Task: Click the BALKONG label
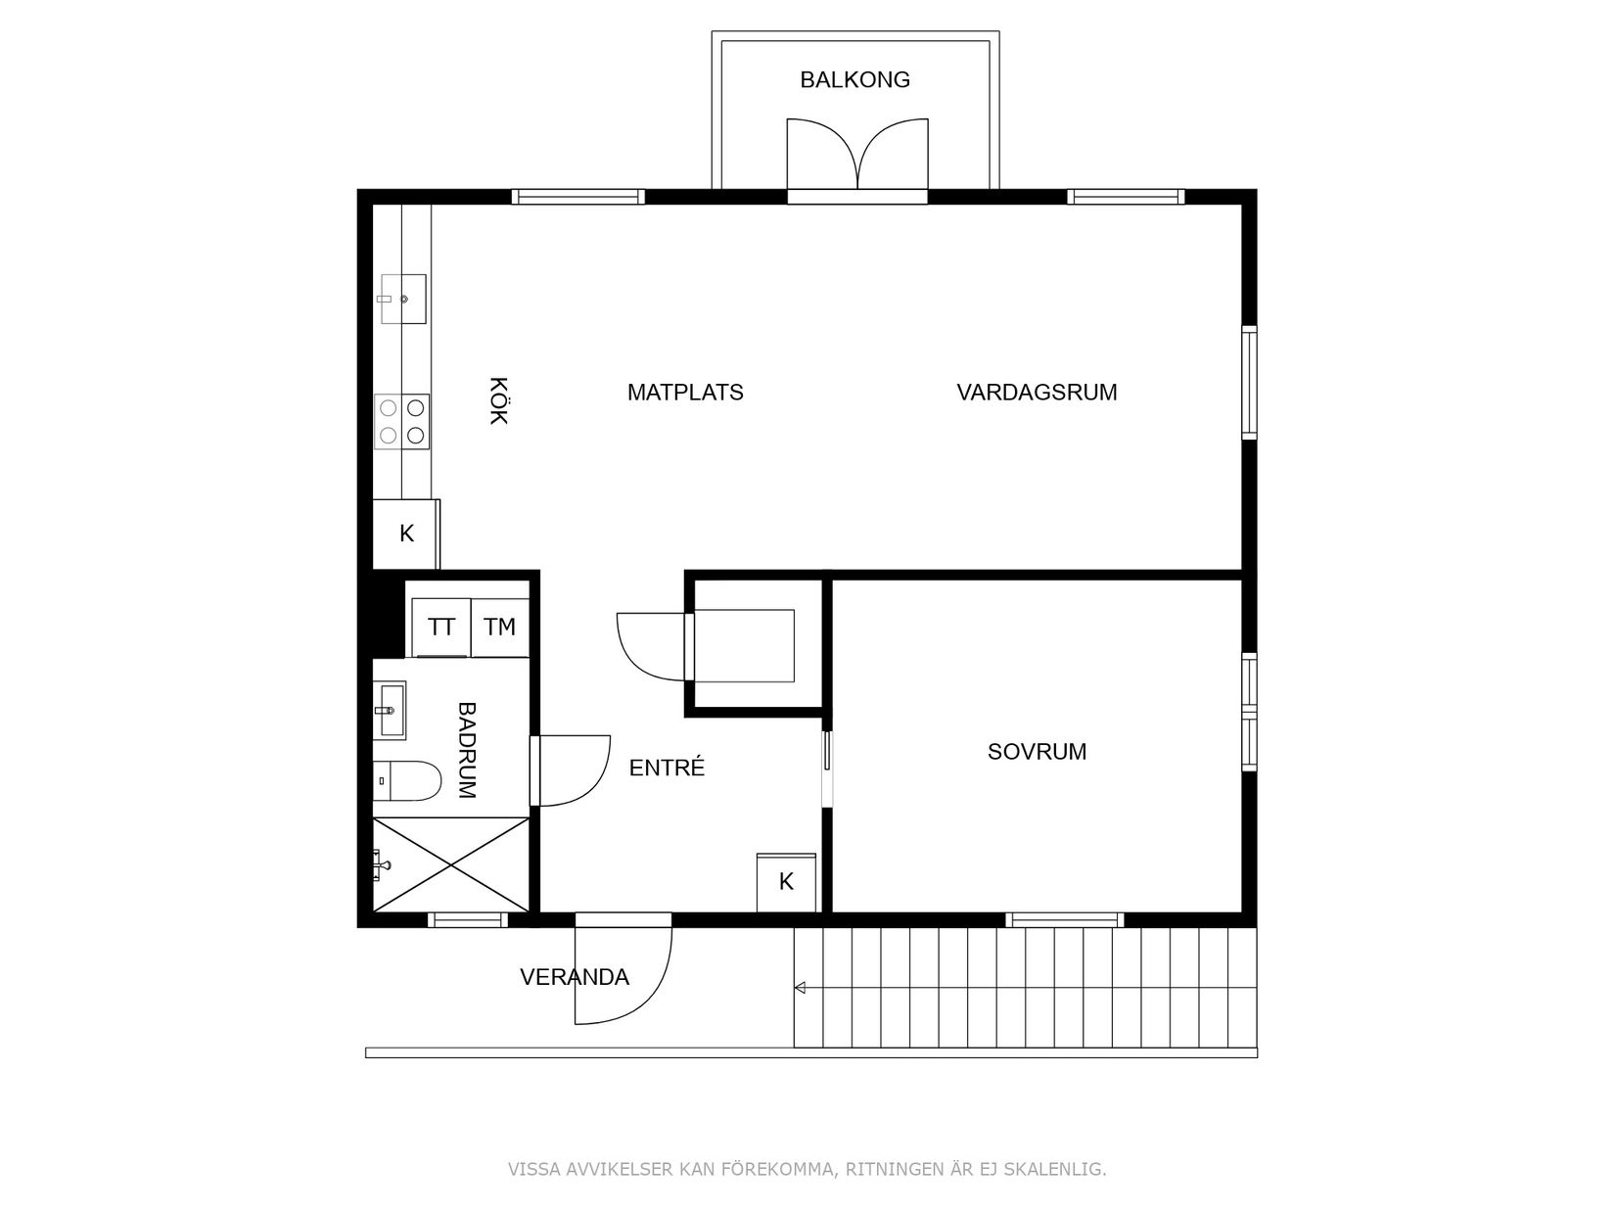click(854, 80)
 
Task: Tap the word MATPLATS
click(685, 393)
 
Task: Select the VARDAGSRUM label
click(1037, 393)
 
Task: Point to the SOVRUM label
click(1037, 752)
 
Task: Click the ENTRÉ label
click(667, 769)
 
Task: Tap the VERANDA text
click(575, 977)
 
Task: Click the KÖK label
click(498, 400)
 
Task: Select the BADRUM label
click(468, 751)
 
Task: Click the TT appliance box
click(441, 628)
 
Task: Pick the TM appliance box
click(499, 628)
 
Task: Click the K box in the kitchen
click(406, 535)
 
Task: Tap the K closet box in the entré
click(786, 882)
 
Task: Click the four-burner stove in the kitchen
click(402, 421)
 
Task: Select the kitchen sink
click(402, 299)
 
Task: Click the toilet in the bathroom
click(407, 780)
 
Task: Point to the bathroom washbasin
click(390, 710)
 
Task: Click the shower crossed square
click(451, 864)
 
